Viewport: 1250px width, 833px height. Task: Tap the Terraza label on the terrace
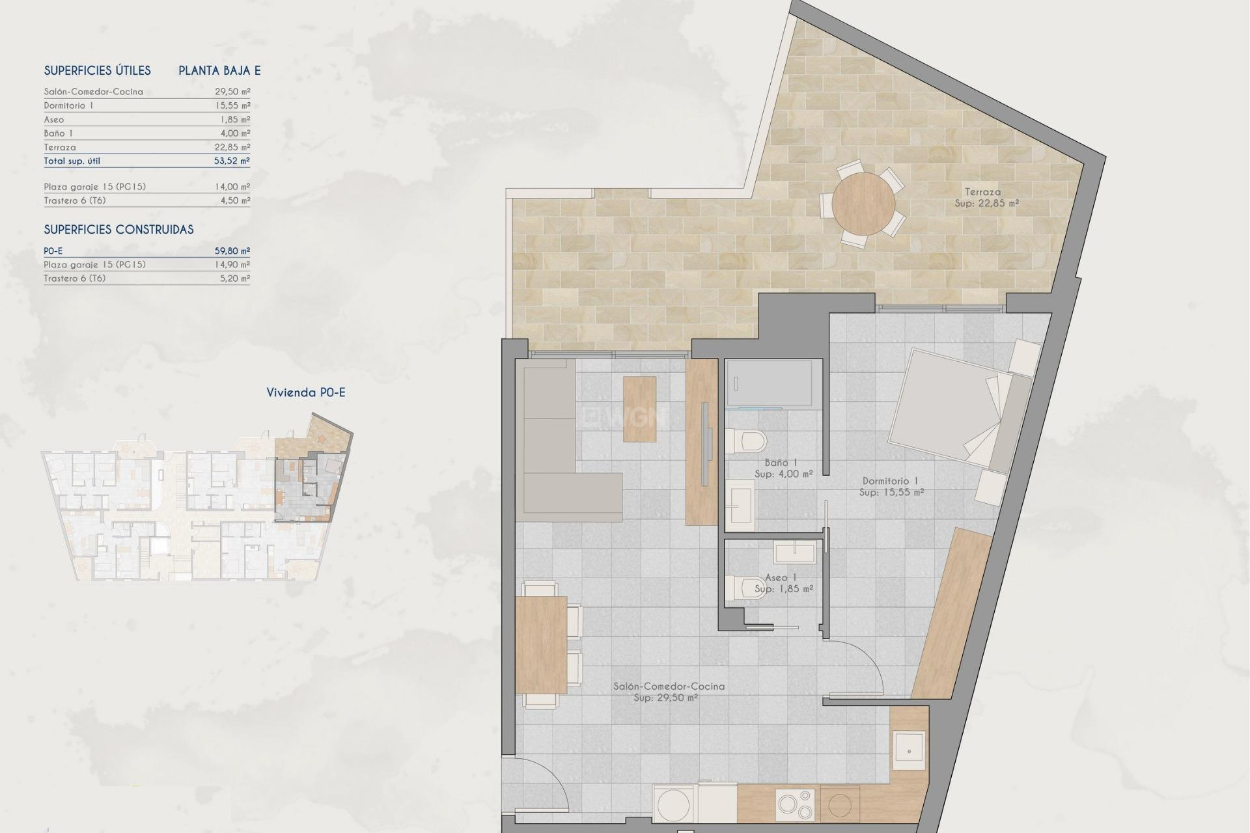point(983,192)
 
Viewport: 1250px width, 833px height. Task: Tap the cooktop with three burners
point(795,805)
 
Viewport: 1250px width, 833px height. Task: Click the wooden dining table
point(541,644)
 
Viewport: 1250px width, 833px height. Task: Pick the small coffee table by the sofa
point(639,409)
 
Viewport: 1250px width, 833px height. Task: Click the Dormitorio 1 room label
point(890,481)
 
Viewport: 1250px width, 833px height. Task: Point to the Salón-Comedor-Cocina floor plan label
point(669,686)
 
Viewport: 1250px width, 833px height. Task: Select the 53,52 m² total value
point(232,161)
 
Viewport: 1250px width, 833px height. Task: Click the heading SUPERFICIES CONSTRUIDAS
point(118,230)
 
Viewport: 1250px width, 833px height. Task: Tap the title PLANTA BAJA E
point(219,71)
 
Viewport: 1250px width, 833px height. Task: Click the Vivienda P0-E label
point(306,392)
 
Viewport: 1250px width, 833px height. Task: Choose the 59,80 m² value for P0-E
point(232,251)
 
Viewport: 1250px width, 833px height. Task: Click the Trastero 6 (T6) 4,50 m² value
point(235,200)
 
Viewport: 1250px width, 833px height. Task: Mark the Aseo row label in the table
point(54,120)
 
